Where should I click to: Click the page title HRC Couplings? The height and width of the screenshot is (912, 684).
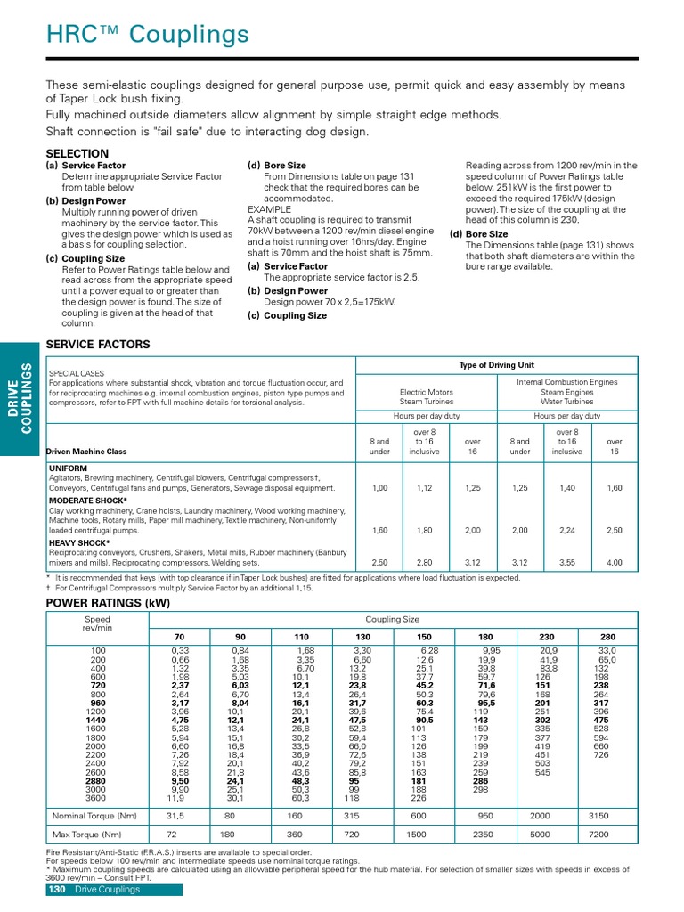[x=148, y=35]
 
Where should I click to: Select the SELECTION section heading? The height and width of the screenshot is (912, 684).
[x=77, y=153]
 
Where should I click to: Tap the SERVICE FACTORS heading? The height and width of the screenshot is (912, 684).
[x=98, y=344]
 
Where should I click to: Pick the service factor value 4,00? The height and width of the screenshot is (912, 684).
[x=615, y=563]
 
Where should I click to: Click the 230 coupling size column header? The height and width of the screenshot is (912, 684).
[x=543, y=638]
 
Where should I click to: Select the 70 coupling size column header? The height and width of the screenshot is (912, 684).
[x=179, y=638]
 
